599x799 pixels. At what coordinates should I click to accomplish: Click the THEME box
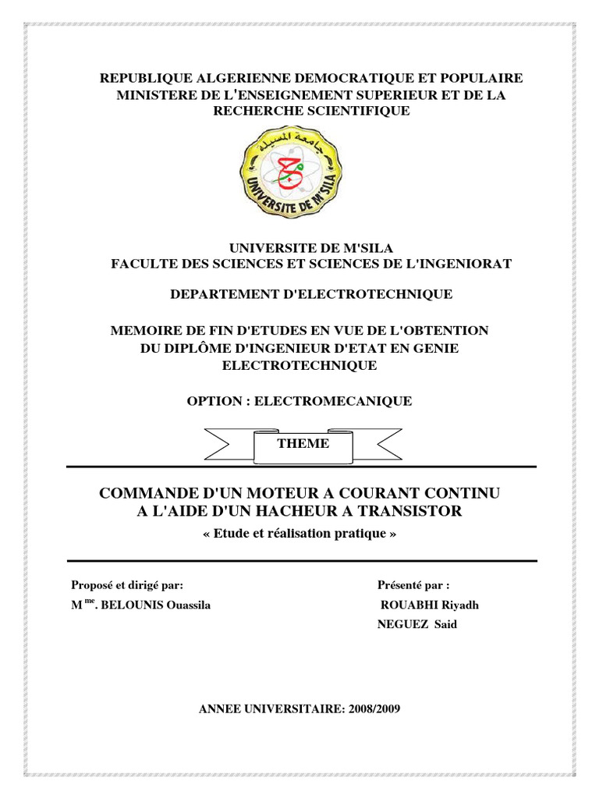click(x=303, y=444)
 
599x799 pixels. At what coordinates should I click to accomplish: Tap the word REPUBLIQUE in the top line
click(x=138, y=78)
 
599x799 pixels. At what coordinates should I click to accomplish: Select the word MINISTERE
click(x=151, y=95)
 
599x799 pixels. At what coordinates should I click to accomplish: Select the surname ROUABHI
click(x=412, y=606)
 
